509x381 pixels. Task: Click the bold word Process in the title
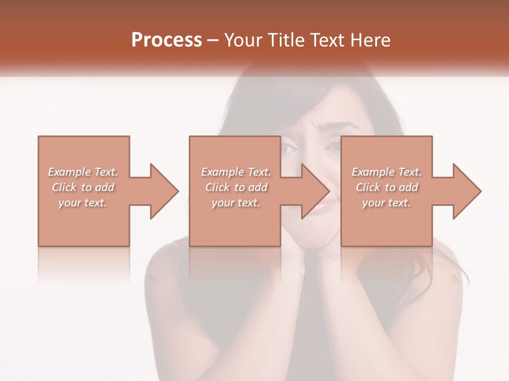[x=166, y=40]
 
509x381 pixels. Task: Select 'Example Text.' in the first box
[x=83, y=172]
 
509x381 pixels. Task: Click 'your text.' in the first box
[x=83, y=203]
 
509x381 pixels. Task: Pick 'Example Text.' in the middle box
[x=236, y=172]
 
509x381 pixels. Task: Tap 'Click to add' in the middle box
[x=236, y=187]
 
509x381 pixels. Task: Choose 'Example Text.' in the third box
[x=387, y=172]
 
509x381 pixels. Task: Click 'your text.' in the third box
[x=387, y=203]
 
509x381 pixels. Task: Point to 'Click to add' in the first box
[x=83, y=187]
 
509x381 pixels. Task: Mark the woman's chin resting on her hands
[x=316, y=241]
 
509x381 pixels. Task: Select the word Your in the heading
[x=244, y=40]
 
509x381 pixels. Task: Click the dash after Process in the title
[x=213, y=41]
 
